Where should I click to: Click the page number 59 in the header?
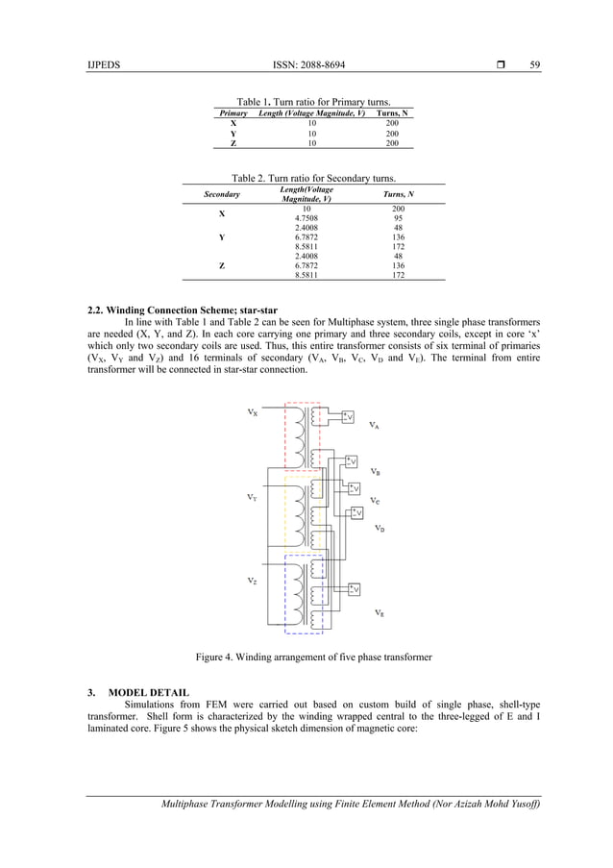[535, 64]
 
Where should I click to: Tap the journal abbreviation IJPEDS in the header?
[105, 64]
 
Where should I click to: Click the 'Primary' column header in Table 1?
[233, 113]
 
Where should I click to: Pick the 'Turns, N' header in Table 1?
[392, 113]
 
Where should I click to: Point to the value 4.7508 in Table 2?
[306, 217]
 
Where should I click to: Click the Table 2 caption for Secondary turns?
[314, 177]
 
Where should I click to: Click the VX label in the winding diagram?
[252, 412]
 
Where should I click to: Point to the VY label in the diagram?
[252, 498]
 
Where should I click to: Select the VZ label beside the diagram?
[252, 581]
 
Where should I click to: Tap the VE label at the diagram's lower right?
[380, 613]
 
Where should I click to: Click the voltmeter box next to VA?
[348, 416]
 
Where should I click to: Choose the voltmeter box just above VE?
[354, 588]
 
